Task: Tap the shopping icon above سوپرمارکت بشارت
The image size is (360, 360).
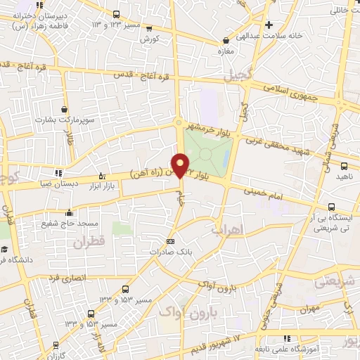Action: click(x=65, y=110)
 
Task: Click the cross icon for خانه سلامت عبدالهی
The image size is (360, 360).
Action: click(x=288, y=24)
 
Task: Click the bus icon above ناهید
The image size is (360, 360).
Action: click(x=344, y=167)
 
